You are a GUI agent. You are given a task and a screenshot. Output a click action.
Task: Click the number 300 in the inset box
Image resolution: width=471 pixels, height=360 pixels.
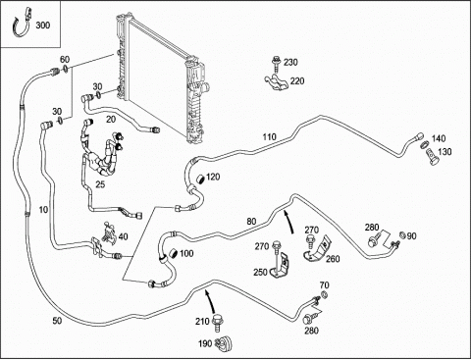click(42, 26)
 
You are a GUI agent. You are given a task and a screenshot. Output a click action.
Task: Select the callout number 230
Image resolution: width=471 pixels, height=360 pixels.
click(290, 62)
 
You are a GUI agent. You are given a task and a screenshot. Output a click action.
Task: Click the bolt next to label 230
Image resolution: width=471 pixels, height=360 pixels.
click(277, 64)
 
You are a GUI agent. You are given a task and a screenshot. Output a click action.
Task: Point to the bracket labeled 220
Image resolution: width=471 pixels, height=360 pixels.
click(277, 82)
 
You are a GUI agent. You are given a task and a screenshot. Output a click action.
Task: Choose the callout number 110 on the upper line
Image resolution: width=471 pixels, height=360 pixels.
click(269, 136)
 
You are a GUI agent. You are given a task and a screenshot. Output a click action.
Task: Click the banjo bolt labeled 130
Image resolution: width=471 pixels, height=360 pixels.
click(433, 157)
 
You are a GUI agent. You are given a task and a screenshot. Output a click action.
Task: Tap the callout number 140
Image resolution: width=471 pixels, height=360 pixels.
click(439, 138)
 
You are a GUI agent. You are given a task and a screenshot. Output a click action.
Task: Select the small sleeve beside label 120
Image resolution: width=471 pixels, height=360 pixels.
click(200, 180)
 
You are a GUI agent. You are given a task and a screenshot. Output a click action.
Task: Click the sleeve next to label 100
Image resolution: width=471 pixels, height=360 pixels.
click(173, 254)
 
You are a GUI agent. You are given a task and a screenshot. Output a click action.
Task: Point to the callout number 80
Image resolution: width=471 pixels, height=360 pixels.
click(251, 222)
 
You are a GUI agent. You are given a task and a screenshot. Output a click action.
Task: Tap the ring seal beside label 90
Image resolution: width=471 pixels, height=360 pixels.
click(402, 234)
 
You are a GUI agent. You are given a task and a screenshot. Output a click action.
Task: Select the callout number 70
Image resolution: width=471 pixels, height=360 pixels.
click(324, 285)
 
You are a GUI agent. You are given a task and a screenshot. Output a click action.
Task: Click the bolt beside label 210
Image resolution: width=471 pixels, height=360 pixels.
click(216, 324)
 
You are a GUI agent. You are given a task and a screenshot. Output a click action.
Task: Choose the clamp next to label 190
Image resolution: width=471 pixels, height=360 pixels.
click(224, 343)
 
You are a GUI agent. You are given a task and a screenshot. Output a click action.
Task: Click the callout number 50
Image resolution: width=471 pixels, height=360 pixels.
click(57, 321)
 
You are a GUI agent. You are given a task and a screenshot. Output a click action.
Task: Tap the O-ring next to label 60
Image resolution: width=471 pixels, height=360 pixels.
click(66, 69)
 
